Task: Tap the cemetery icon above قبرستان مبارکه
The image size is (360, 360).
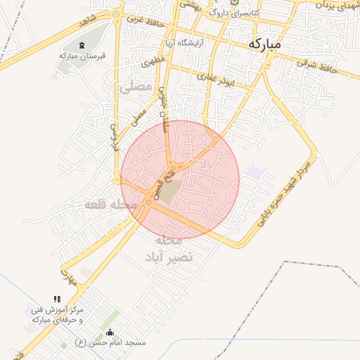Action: point(83,46)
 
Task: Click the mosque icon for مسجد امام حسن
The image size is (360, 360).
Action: point(109,332)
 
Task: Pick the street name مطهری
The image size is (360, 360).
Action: point(153,63)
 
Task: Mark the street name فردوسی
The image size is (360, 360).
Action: point(115,132)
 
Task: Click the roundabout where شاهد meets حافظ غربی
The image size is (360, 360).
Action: point(116,14)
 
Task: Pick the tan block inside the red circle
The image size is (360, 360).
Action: point(168,191)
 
